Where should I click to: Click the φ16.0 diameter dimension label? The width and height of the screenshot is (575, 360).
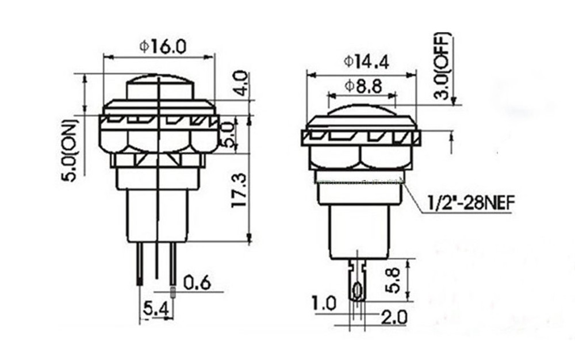coord(163,46)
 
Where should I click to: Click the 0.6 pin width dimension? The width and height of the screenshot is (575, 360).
coord(197,283)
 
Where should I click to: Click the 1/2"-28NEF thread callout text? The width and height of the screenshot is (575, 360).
coord(470,202)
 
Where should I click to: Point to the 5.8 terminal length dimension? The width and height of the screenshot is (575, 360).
coord(393,279)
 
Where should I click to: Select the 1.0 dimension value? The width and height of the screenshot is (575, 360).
coord(324,303)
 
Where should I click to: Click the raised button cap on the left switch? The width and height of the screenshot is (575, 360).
coord(159,88)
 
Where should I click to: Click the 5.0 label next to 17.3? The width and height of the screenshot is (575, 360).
coord(228,134)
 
